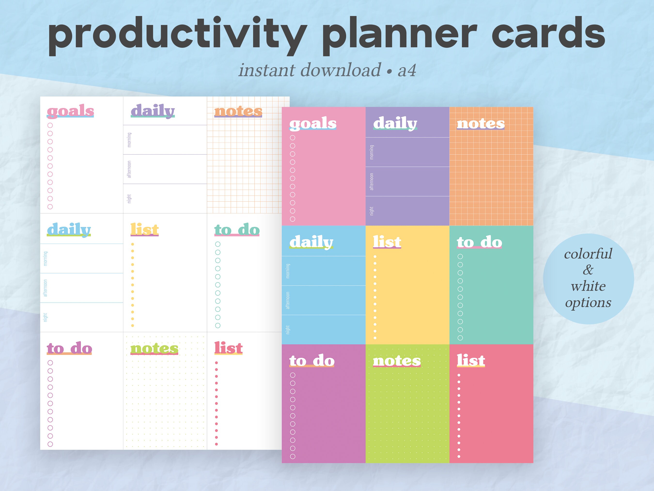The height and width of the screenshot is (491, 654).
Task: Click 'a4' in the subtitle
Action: [x=407, y=71]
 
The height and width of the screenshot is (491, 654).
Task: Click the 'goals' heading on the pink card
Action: [x=313, y=123]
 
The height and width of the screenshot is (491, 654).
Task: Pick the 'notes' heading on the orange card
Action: [x=480, y=123]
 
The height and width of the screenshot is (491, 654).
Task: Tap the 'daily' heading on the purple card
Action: [x=395, y=123]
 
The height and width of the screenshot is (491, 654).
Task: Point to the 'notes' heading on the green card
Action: [x=397, y=361]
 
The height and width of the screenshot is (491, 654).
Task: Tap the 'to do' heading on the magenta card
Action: [x=312, y=361]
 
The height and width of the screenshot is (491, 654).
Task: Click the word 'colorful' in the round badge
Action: [x=588, y=254]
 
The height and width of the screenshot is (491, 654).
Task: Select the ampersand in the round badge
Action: [x=588, y=270]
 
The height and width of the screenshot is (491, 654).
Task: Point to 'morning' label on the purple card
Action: [x=372, y=152]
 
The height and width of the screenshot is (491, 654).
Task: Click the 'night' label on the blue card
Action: [x=288, y=330]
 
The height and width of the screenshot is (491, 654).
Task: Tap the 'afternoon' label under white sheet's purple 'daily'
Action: [x=129, y=169]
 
